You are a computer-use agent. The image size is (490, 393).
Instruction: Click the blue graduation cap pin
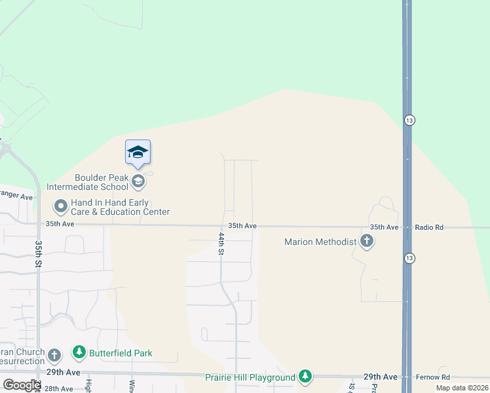(x=138, y=152)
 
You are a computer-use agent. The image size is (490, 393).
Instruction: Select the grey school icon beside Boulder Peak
(x=138, y=181)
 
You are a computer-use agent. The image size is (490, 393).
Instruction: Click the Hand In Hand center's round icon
(x=61, y=207)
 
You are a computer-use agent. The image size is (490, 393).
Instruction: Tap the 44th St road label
(x=221, y=242)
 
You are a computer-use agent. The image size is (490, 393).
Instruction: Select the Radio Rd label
(x=429, y=227)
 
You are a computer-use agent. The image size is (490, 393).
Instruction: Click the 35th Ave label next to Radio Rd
(x=384, y=227)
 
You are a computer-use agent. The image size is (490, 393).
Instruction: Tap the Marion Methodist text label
(x=320, y=242)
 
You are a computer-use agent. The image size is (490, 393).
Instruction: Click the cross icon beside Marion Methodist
(x=367, y=242)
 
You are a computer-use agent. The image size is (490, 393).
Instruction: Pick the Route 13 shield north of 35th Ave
(x=409, y=121)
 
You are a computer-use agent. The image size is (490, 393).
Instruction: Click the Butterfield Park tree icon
(x=79, y=353)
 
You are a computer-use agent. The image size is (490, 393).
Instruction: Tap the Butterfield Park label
(x=121, y=353)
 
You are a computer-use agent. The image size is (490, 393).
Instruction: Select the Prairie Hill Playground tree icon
(x=305, y=377)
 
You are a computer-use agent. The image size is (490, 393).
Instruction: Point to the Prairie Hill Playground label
(x=250, y=377)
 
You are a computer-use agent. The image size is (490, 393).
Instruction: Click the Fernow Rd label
(x=432, y=377)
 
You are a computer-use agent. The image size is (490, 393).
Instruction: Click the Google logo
(x=22, y=384)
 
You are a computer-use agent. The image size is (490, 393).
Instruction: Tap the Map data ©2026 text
(x=461, y=388)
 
